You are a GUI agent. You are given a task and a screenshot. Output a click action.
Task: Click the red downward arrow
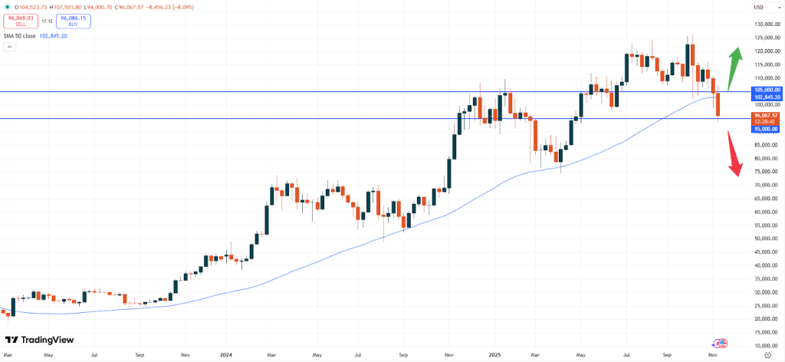[x=734, y=153]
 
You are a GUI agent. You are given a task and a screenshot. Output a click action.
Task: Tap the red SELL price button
[x=21, y=22]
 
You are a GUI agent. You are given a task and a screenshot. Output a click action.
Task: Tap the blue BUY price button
[x=73, y=22]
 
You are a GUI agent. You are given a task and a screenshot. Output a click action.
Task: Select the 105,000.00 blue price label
[x=767, y=91]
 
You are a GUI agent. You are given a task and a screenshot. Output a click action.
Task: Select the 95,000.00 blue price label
[x=767, y=129]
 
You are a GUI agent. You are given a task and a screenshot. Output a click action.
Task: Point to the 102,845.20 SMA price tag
[x=767, y=97]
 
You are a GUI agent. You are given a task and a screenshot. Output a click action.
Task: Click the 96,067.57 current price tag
[x=767, y=115]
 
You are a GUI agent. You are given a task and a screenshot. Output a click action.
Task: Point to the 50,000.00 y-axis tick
[x=767, y=239]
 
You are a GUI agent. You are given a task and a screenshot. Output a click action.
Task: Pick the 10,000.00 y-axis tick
[x=767, y=332]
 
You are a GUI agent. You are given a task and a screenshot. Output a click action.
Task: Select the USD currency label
[x=759, y=7]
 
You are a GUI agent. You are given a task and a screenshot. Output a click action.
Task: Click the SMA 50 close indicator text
[x=21, y=35]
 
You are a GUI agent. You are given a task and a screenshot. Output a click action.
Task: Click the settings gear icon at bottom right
[x=767, y=356]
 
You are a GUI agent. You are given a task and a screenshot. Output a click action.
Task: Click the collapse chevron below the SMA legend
[x=10, y=47]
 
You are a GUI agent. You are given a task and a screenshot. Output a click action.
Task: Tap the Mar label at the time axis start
[x=8, y=356]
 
